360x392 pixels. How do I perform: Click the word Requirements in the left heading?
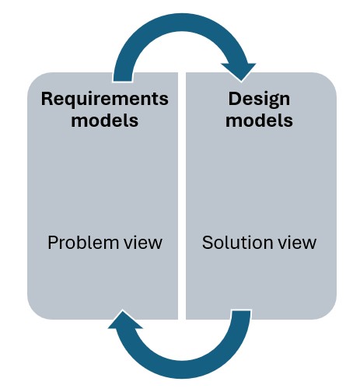(104, 100)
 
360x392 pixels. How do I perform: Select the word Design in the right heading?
(260, 100)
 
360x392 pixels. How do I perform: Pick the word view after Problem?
(143, 242)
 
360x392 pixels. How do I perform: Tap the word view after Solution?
(299, 242)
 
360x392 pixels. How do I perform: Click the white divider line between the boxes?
(182, 194)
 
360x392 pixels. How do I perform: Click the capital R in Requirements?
(47, 100)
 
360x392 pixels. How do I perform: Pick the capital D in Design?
(234, 100)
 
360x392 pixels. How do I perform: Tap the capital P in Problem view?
(53, 242)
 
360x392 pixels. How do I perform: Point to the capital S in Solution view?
(207, 242)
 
